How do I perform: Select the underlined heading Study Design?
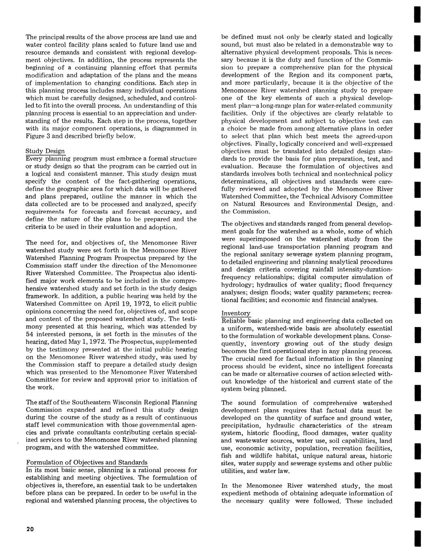pyautogui.click(x=45, y=151)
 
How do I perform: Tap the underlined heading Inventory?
pyautogui.click(x=236, y=313)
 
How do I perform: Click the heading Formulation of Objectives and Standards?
pyautogui.click(x=87, y=463)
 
